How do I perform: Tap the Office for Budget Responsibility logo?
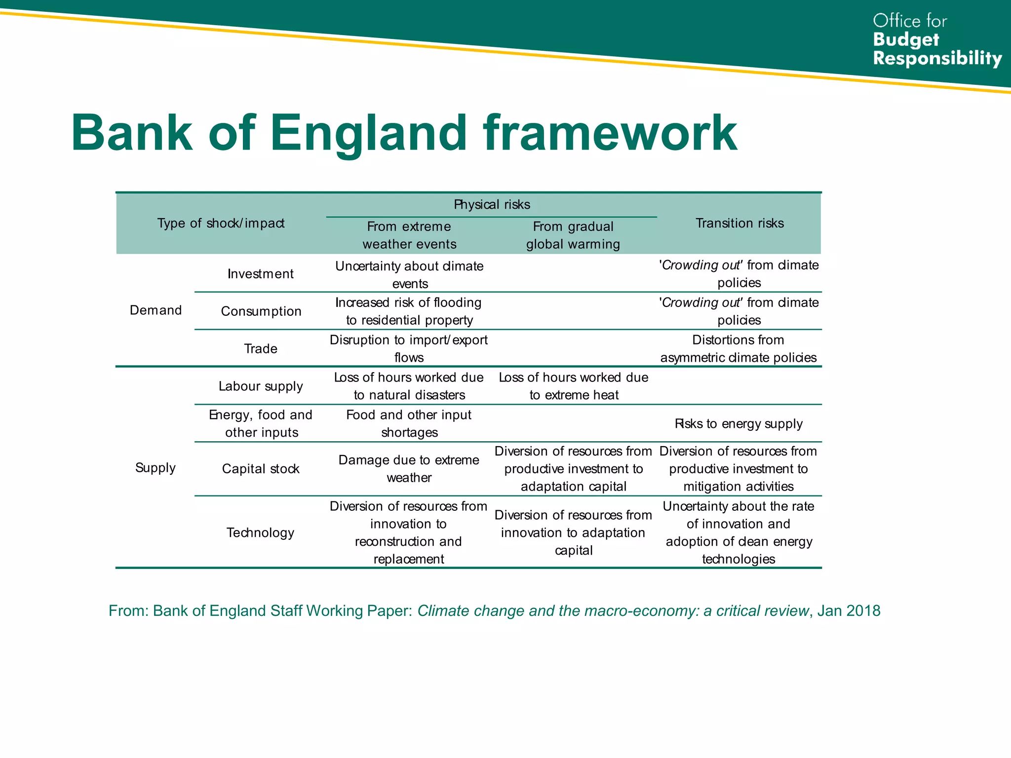936,40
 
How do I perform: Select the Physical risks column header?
492,204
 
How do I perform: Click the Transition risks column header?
739,224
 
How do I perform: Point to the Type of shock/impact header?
221,224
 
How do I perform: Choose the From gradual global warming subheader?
573,235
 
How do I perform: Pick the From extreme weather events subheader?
409,235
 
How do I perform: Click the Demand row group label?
156,310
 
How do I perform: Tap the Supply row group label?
156,467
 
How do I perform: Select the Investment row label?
261,274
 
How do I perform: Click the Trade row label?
261,349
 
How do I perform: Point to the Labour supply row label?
261,386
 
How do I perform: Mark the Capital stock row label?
261,469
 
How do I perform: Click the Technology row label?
261,532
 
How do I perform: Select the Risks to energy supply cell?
739,424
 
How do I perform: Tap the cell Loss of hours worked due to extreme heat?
574,386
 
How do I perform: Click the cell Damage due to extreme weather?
409,469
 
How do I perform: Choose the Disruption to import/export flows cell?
409,349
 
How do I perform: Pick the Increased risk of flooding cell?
409,311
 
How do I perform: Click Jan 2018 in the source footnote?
849,611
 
